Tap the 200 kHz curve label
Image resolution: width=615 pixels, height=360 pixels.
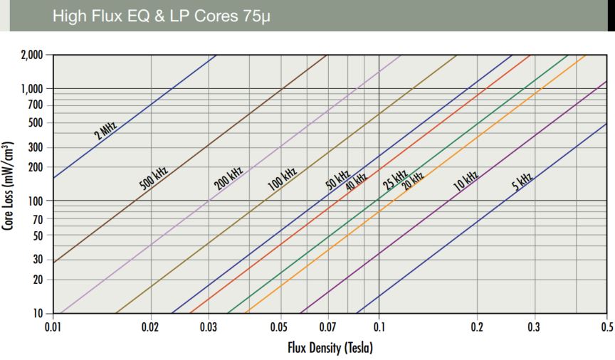pos(228,178)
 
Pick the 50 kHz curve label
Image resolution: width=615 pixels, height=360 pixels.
pos(337,178)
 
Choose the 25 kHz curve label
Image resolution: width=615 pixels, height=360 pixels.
pos(395,180)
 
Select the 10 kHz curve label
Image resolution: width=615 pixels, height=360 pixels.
pos(466,181)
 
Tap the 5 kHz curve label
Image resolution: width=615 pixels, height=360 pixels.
pos(522,182)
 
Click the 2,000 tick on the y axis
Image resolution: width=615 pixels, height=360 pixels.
pos(31,55)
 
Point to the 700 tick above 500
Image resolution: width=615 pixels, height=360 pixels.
pos(36,105)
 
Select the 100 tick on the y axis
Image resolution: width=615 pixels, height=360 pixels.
pos(36,201)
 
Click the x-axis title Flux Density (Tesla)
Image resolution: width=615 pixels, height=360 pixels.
pos(330,348)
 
